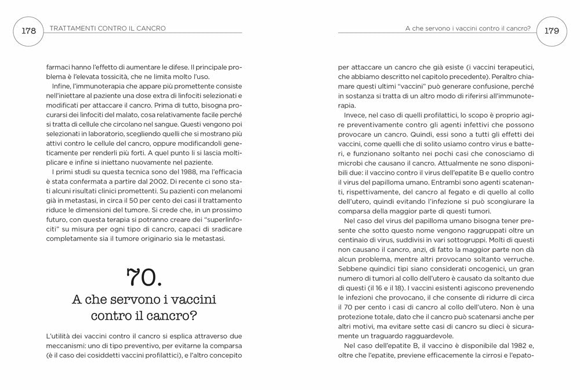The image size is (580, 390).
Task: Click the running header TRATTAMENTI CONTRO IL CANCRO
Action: [x=108, y=28]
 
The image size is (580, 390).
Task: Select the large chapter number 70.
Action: [x=144, y=278]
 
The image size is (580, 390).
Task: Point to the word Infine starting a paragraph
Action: [x=60, y=87]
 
